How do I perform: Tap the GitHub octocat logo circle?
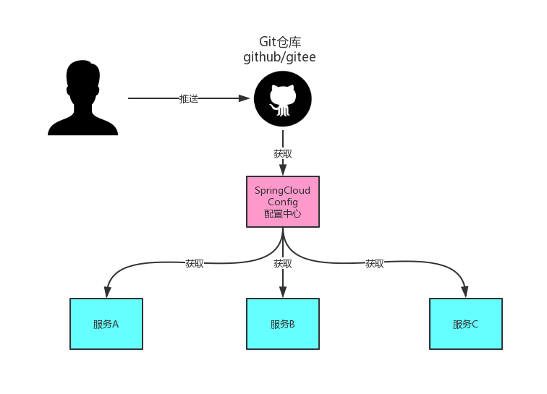tap(282, 100)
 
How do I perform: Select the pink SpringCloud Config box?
tap(282, 202)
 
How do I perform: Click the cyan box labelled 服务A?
tap(106, 324)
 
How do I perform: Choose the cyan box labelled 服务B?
tap(282, 324)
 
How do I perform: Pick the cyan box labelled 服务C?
tap(465, 324)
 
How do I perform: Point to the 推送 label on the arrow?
tap(189, 99)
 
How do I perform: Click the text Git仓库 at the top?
tap(279, 42)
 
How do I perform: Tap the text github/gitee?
tap(279, 57)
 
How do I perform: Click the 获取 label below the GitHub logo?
tap(283, 154)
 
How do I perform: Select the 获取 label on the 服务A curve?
tap(195, 264)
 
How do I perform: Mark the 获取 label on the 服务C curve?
tap(375, 264)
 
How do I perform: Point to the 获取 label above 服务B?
tap(283, 264)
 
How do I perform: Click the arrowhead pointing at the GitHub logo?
tap(245, 98)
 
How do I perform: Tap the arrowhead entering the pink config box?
tap(283, 171)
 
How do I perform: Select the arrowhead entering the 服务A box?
tap(107, 293)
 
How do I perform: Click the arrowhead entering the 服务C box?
tap(465, 293)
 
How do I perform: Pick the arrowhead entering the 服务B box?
tap(283, 293)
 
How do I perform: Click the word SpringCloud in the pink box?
tap(282, 191)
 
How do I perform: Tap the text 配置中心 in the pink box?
tap(282, 214)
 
